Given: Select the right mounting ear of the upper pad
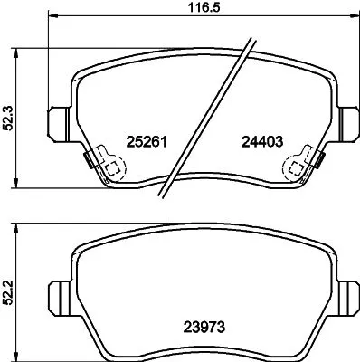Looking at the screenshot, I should tap(347, 119).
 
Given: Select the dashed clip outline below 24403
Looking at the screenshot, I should tap(296, 168).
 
